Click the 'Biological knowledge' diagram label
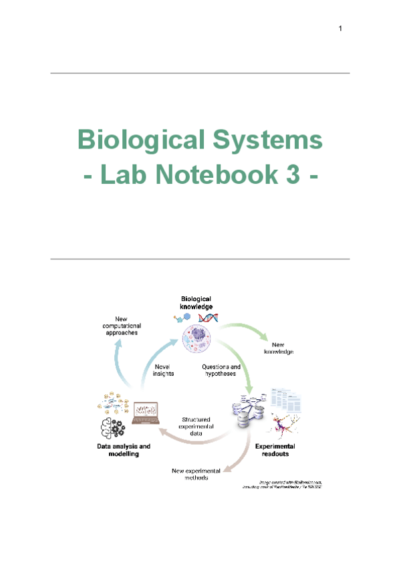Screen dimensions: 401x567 [196, 302]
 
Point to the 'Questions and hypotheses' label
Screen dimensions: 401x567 [221, 370]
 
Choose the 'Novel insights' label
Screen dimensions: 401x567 [163, 370]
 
